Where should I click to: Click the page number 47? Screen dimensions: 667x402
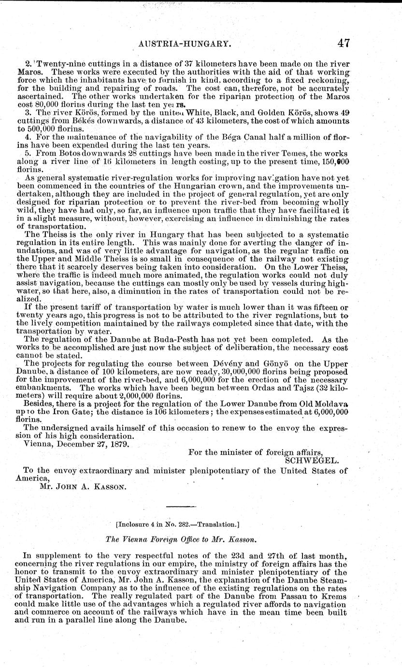pos(344,43)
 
